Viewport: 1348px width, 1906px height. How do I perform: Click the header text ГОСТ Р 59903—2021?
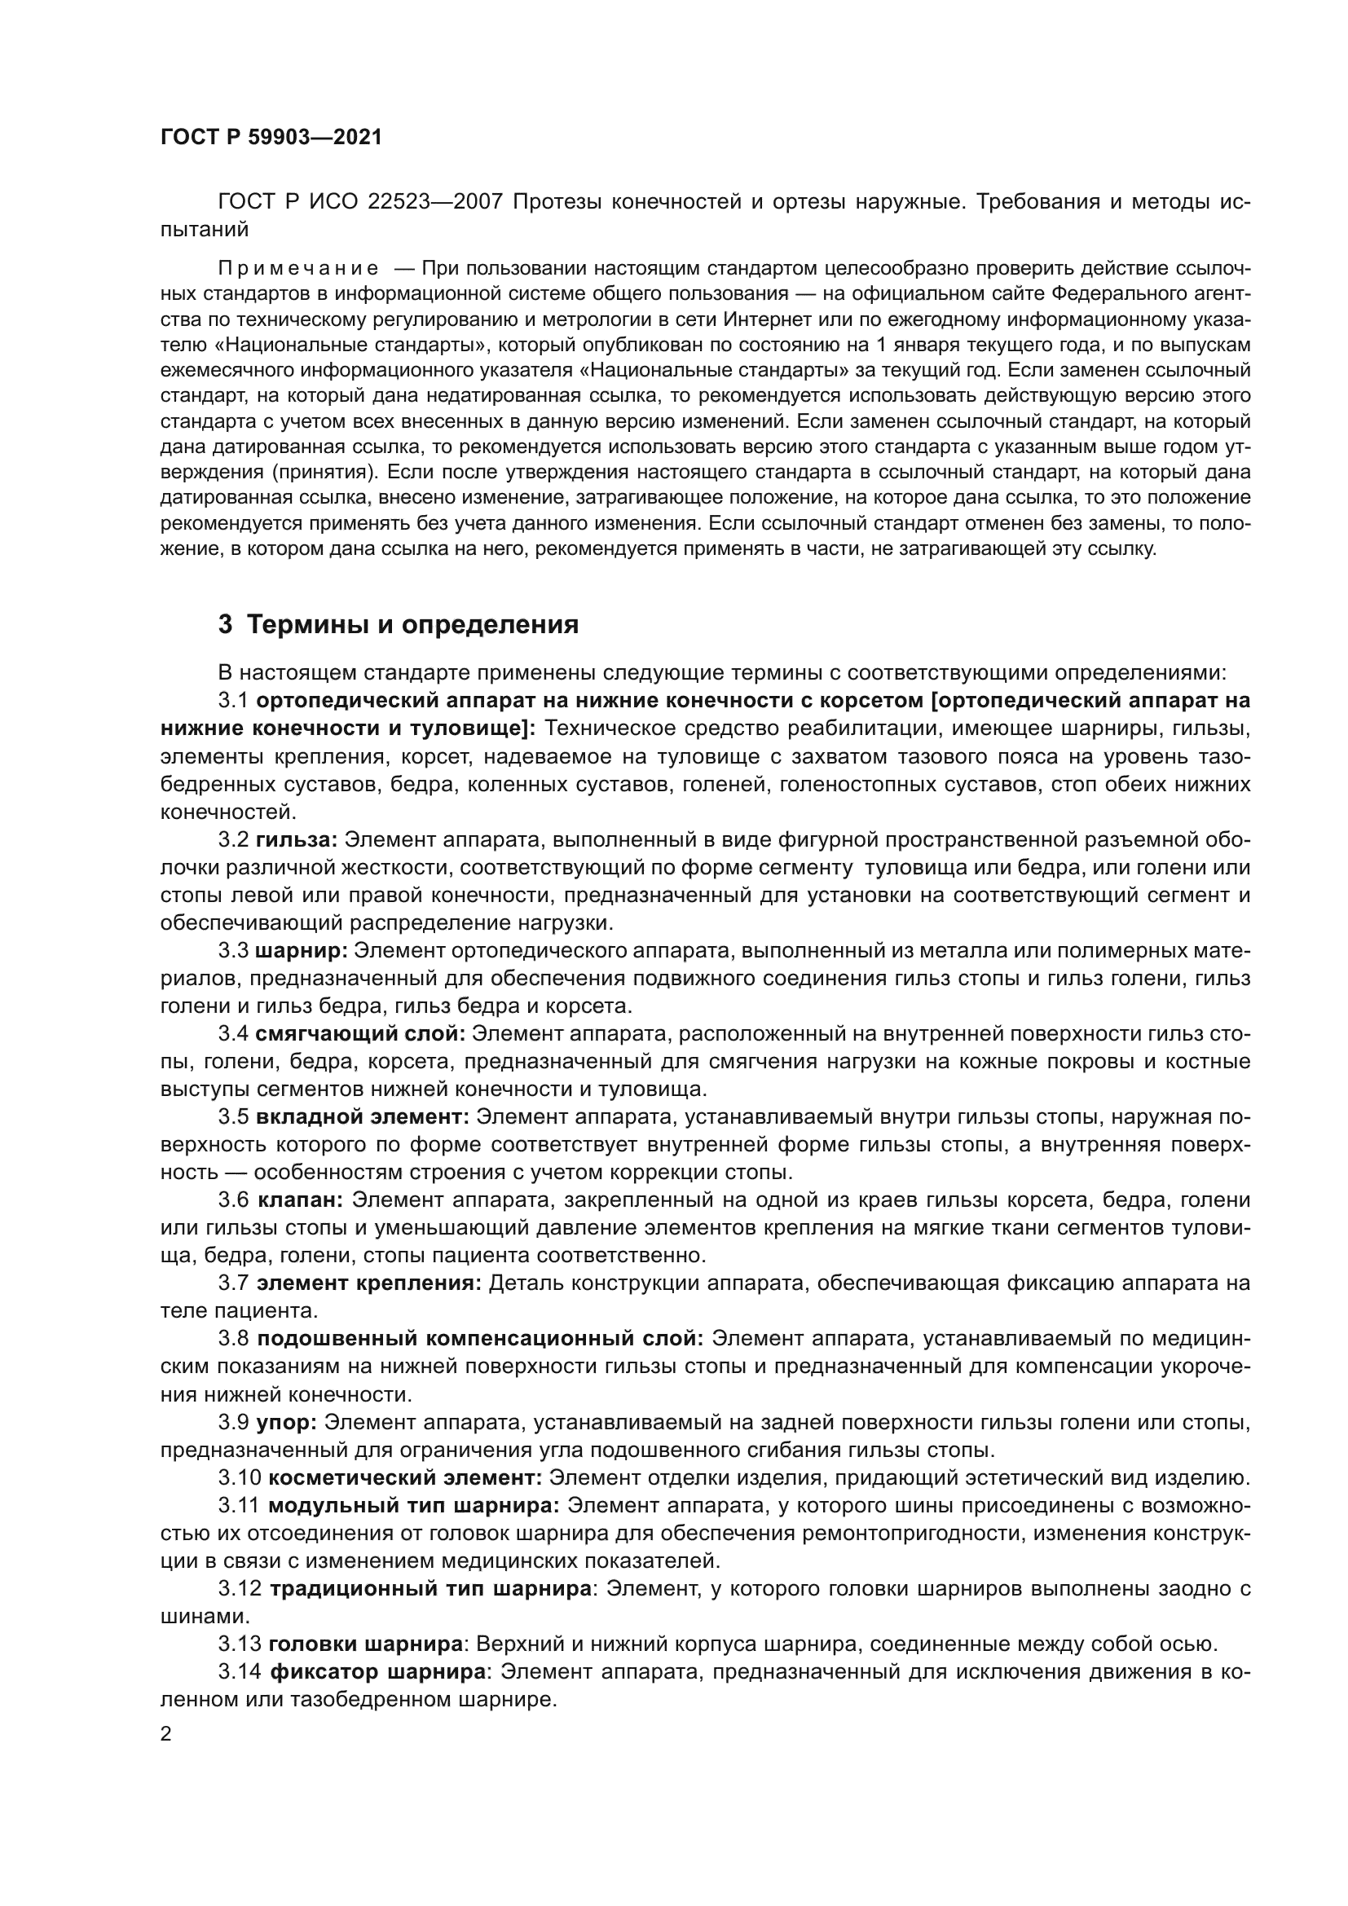(x=271, y=138)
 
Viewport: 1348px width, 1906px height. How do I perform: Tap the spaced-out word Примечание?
(x=298, y=268)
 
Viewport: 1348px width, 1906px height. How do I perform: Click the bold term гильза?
(x=297, y=839)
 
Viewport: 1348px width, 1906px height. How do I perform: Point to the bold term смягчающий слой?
(x=361, y=1033)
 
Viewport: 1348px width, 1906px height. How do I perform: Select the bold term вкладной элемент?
(x=363, y=1116)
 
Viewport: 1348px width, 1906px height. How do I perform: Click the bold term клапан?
(x=301, y=1200)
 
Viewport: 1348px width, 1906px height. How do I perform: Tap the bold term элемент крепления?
(x=368, y=1283)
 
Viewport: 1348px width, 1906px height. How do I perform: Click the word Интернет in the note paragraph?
(x=763, y=319)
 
